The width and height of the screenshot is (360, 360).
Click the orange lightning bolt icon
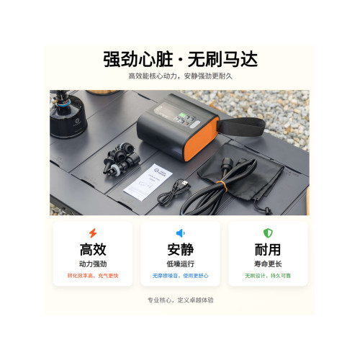pyautogui.click(x=91, y=233)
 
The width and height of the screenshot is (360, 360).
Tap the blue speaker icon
pyautogui.click(x=180, y=233)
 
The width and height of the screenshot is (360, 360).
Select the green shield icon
pyautogui.click(x=267, y=233)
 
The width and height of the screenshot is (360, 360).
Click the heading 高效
pyautogui.click(x=91, y=251)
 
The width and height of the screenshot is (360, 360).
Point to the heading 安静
pyautogui.click(x=180, y=251)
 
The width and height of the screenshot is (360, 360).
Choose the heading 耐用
pyautogui.click(x=267, y=251)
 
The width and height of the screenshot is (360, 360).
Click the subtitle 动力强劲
pyautogui.click(x=91, y=264)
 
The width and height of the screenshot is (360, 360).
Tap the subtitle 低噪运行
pyautogui.click(x=180, y=264)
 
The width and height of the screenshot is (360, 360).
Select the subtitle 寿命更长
pyautogui.click(x=267, y=264)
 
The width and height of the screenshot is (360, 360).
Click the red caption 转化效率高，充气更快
pyautogui.click(x=91, y=276)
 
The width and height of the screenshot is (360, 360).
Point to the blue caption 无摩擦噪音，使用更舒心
pyautogui.click(x=180, y=276)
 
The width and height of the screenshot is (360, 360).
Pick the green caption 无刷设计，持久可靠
pyautogui.click(x=267, y=276)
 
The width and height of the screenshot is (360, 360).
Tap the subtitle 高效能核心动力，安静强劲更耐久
pyautogui.click(x=180, y=76)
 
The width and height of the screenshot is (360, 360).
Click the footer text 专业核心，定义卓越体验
pyautogui.click(x=180, y=300)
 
